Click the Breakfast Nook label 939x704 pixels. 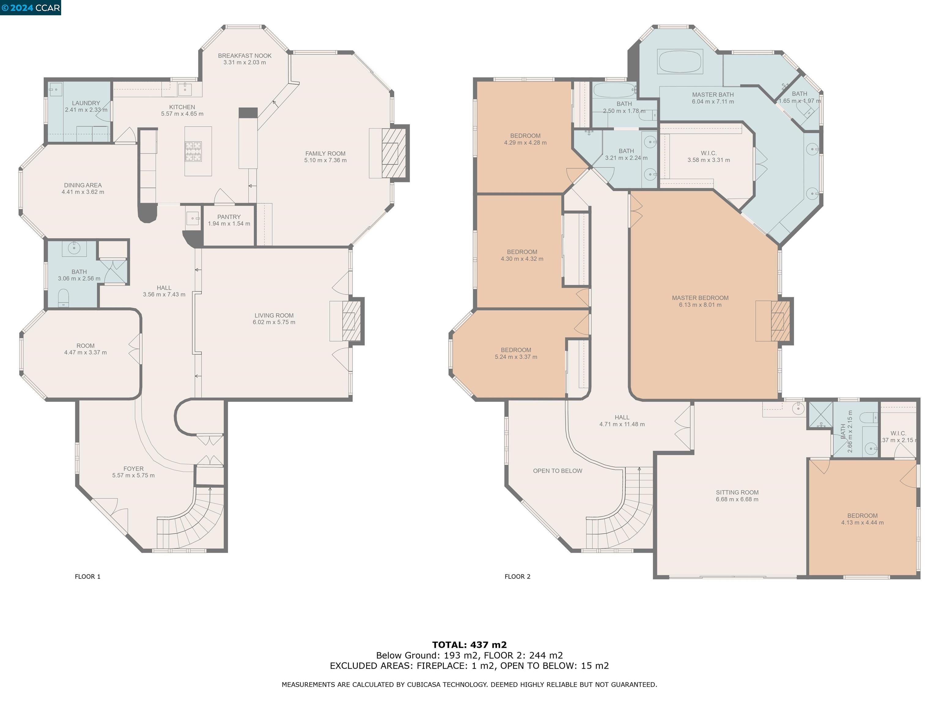click(x=245, y=56)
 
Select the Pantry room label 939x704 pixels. click(x=229, y=217)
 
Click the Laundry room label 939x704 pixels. click(x=86, y=103)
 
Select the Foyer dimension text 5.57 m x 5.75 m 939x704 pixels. click(x=133, y=475)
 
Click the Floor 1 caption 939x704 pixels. click(x=87, y=576)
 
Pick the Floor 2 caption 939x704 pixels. click(x=517, y=576)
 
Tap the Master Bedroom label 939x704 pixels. click(x=700, y=298)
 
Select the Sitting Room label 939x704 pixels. click(x=737, y=492)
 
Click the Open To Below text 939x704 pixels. click(x=557, y=471)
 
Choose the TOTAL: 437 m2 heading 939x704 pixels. click(x=469, y=645)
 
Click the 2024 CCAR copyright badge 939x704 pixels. click(x=31, y=8)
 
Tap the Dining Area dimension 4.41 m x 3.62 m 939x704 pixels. click(x=83, y=192)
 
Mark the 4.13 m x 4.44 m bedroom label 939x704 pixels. click(x=862, y=522)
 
